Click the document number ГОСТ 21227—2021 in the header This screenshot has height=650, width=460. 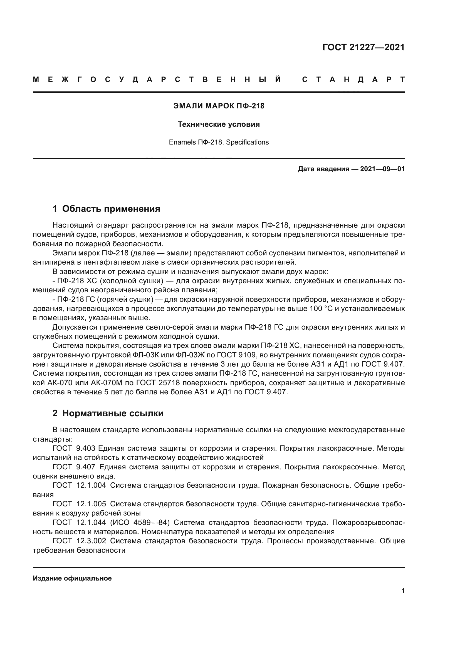tap(363, 47)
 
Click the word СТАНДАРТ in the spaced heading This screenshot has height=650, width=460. tap(353, 79)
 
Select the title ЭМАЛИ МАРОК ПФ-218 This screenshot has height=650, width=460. tap(219, 106)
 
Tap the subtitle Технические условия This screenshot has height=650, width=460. tap(219, 124)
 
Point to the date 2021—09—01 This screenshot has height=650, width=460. tap(382, 169)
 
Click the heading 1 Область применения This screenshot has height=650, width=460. tap(106, 209)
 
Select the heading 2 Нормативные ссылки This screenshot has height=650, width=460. tap(108, 413)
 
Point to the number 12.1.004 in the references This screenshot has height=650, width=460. tap(91, 485)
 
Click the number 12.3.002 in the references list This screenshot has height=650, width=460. tap(91, 541)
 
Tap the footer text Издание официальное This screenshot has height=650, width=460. tap(72, 578)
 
